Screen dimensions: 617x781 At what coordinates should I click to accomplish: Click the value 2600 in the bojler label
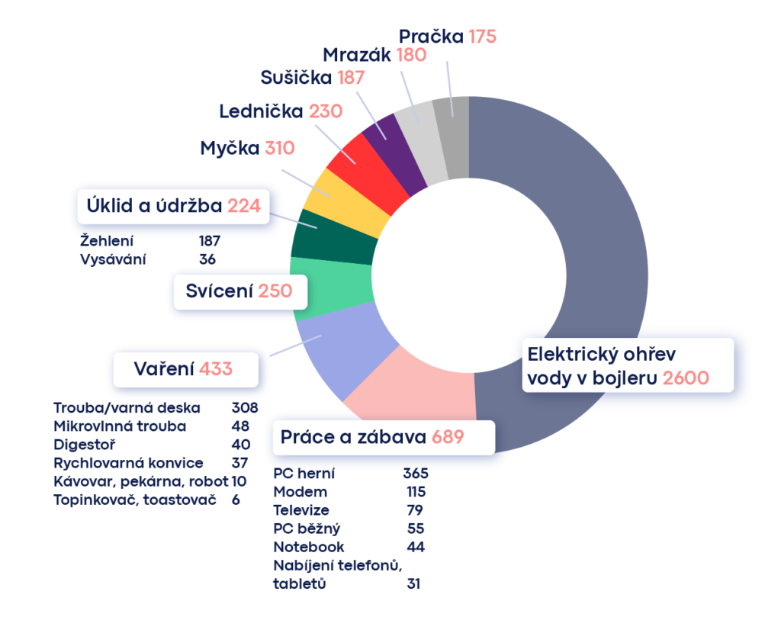686,378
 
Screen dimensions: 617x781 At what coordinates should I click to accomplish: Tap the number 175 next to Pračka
483,37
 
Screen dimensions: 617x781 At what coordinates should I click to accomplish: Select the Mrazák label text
356,55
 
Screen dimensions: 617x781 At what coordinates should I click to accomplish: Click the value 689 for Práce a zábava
448,437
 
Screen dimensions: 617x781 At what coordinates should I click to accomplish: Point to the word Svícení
219,291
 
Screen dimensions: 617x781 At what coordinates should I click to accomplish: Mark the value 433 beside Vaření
215,369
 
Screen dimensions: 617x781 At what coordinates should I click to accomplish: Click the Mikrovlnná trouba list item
120,426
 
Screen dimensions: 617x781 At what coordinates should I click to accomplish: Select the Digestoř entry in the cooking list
84,444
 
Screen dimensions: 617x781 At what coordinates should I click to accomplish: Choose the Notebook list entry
308,546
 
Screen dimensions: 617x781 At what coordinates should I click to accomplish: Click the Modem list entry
301,491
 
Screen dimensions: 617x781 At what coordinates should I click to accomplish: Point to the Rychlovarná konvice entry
128,462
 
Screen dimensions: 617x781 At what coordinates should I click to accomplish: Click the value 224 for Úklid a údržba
244,205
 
